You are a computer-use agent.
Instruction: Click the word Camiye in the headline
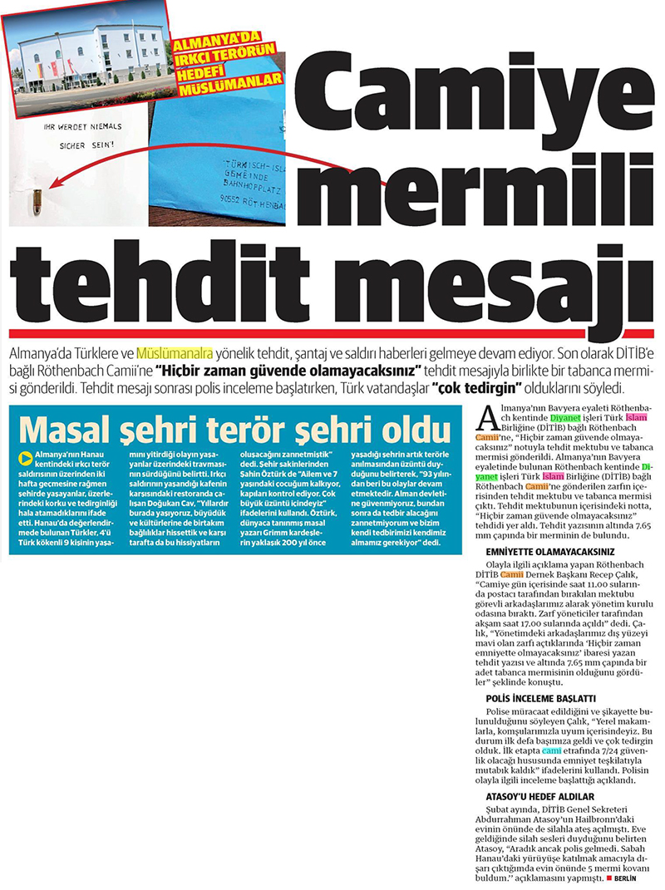pyautogui.click(x=475, y=97)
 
